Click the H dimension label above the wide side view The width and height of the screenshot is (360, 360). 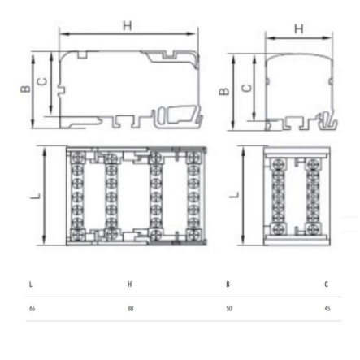(127, 26)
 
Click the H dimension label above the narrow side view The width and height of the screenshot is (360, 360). (298, 28)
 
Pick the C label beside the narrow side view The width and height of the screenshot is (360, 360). (248, 86)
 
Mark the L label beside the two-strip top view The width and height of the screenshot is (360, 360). (232, 195)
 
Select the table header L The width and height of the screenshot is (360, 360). (31, 284)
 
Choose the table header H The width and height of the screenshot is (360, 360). (129, 284)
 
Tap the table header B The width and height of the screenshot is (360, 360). (228, 284)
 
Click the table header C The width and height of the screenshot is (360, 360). (326, 284)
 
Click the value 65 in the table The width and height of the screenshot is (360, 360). (32, 308)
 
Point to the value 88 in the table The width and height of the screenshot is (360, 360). (129, 308)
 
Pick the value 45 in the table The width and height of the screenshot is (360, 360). (326, 308)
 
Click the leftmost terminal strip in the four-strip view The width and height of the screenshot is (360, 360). (79, 196)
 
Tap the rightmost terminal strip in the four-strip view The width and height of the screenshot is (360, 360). (192, 196)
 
